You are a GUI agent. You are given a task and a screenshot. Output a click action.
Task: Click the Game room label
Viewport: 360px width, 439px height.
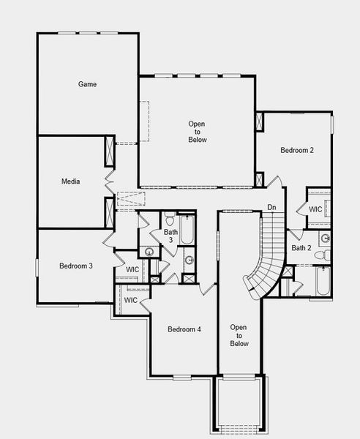[88, 84]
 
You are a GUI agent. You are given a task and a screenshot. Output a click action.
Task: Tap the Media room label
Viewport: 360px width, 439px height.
[71, 181]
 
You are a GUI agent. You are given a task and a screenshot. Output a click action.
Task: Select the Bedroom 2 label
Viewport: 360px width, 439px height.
[297, 150]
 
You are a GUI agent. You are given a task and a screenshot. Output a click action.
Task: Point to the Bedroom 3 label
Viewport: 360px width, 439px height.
[75, 266]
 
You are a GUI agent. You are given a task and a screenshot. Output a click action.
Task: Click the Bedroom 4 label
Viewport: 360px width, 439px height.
[184, 329]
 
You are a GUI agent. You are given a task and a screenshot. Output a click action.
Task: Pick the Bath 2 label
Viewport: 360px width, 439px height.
[301, 248]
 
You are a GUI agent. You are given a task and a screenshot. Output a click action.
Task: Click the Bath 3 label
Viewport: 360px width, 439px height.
[169, 236]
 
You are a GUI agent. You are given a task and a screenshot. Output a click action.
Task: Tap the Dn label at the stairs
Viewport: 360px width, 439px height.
[271, 207]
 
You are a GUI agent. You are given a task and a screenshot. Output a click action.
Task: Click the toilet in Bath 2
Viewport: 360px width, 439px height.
[326, 255]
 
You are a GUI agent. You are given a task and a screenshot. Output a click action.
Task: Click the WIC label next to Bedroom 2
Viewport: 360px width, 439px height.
[315, 209]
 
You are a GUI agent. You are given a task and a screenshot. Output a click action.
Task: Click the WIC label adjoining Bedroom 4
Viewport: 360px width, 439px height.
[131, 300]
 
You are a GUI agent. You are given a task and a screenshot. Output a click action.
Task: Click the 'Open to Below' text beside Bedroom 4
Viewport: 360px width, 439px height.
[239, 335]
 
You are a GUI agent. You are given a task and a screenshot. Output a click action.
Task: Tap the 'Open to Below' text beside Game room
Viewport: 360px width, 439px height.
[198, 131]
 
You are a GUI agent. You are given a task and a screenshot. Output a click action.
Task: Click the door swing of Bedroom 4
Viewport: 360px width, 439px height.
[207, 289]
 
